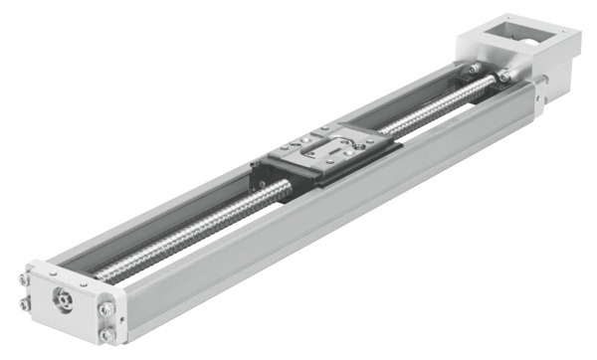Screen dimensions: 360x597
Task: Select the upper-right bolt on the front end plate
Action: (x=105, y=310)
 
